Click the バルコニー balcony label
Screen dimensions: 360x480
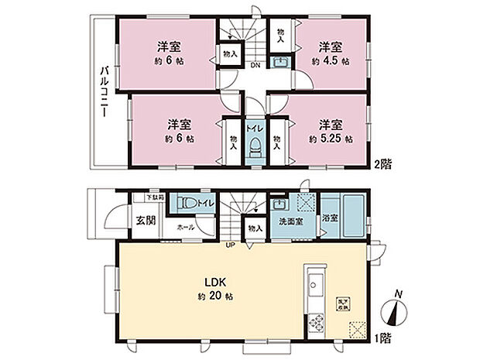click(103, 92)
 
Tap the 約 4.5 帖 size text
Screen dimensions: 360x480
click(331, 60)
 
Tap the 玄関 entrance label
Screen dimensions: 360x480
click(146, 219)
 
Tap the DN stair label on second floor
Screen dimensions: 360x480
click(254, 65)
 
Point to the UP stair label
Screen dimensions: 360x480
click(230, 246)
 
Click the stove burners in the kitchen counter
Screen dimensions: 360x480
click(316, 323)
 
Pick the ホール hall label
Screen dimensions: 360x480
click(186, 228)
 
